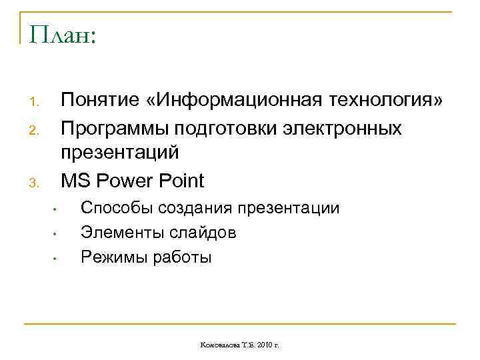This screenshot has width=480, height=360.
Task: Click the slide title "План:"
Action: click(63, 35)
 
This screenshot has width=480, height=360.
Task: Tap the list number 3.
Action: click(36, 183)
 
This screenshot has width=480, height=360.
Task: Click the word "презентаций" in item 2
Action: click(120, 153)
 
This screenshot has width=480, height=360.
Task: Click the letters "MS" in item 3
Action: click(75, 181)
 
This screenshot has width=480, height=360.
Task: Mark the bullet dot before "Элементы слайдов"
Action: click(56, 235)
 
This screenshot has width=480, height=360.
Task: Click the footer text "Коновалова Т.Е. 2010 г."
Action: click(239, 345)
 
